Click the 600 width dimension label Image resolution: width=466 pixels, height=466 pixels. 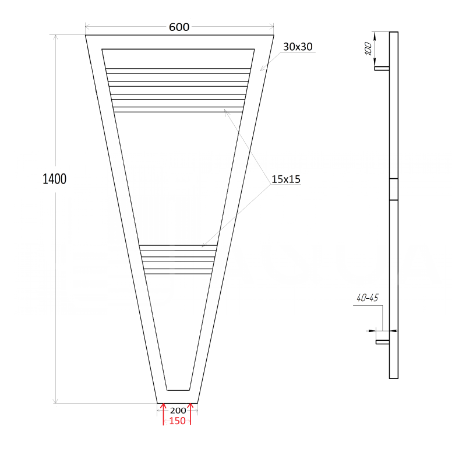[179, 27]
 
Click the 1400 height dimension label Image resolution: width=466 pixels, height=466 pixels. [54, 179]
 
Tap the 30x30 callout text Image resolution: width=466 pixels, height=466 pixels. [298, 47]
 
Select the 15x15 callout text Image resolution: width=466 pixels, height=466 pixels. [286, 179]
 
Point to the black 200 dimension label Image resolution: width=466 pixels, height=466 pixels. [178, 411]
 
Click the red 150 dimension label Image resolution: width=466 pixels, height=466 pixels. [177, 421]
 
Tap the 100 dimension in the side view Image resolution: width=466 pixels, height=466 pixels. [368, 48]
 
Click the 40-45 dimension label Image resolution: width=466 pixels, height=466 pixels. [368, 298]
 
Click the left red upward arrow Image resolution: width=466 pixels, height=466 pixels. [163, 414]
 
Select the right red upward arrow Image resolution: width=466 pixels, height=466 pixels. [190, 414]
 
